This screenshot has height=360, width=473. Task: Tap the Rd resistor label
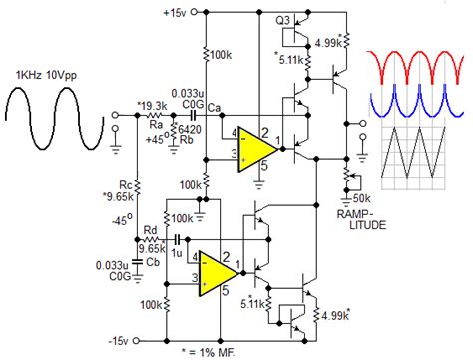pos(150,231)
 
